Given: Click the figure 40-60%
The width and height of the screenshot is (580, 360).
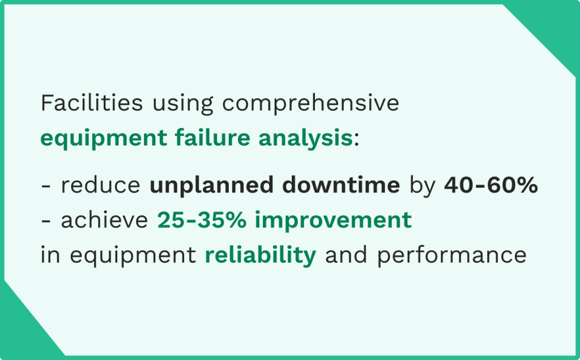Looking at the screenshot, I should coord(491,186).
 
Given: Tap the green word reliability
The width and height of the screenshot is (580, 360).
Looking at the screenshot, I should coord(260,255).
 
